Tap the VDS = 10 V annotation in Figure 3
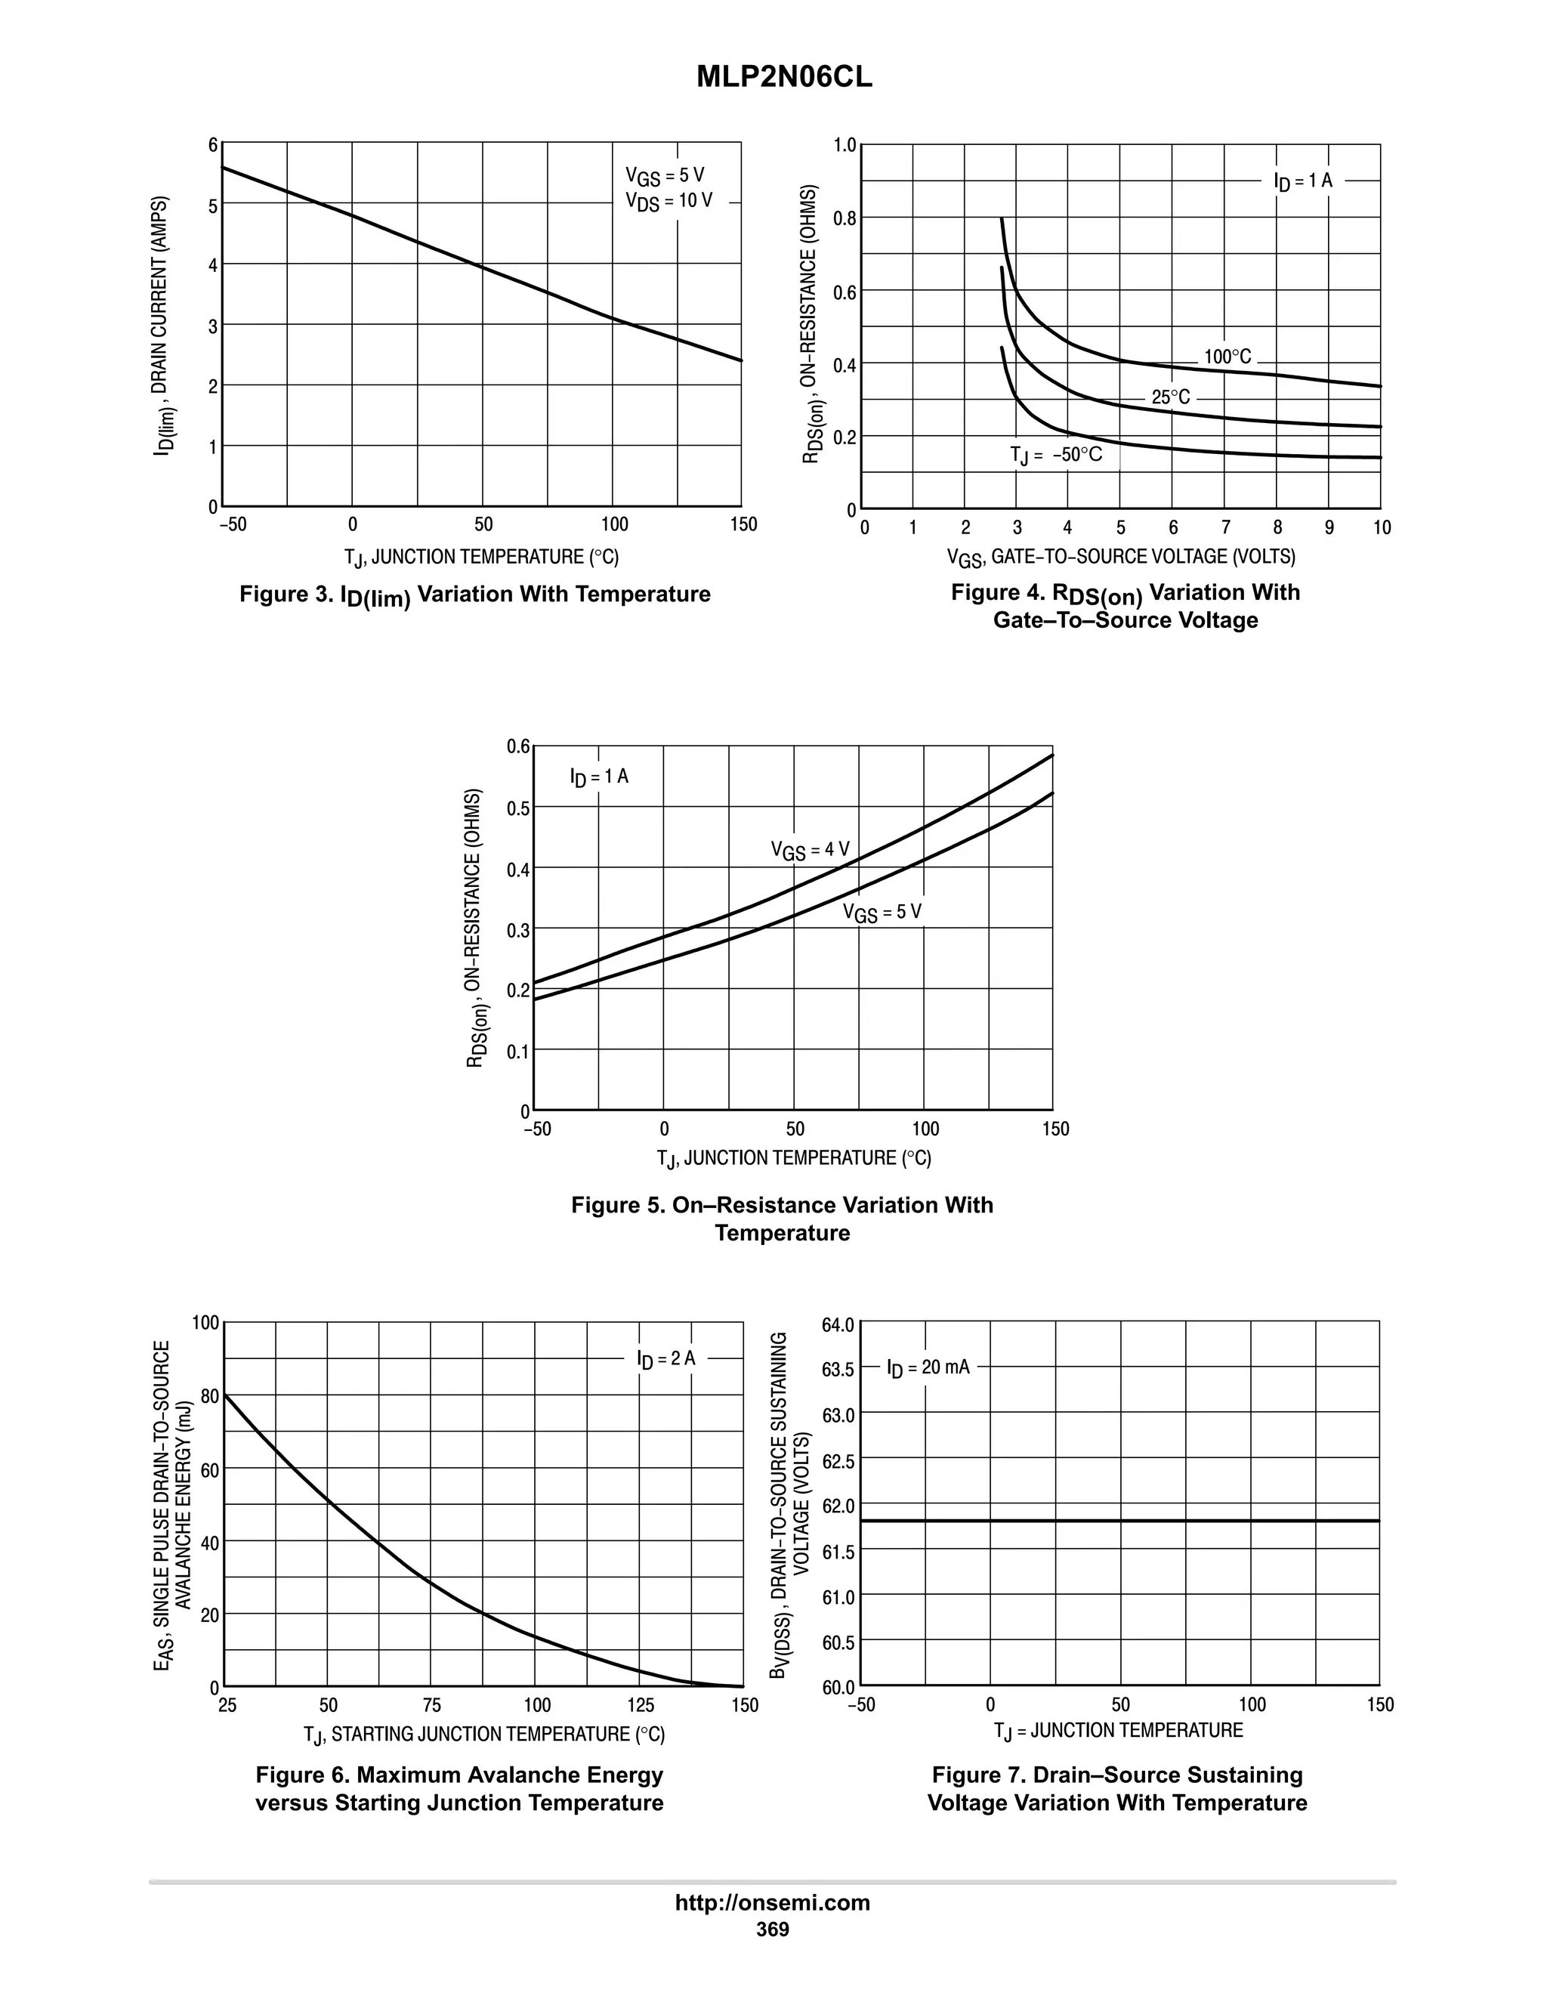(668, 202)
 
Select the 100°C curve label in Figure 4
(1227, 357)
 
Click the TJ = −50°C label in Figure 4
(1056, 455)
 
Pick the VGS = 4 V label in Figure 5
(811, 850)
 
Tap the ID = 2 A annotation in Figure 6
(666, 1358)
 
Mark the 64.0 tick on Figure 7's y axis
(838, 1324)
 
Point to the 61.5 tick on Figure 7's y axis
(838, 1552)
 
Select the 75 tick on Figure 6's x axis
(431, 1706)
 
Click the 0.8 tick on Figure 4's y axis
(844, 218)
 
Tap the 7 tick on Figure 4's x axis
(1225, 528)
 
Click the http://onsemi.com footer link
(773, 1903)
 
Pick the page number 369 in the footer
(773, 1929)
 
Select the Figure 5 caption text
(782, 1219)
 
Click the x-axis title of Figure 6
(484, 1735)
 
